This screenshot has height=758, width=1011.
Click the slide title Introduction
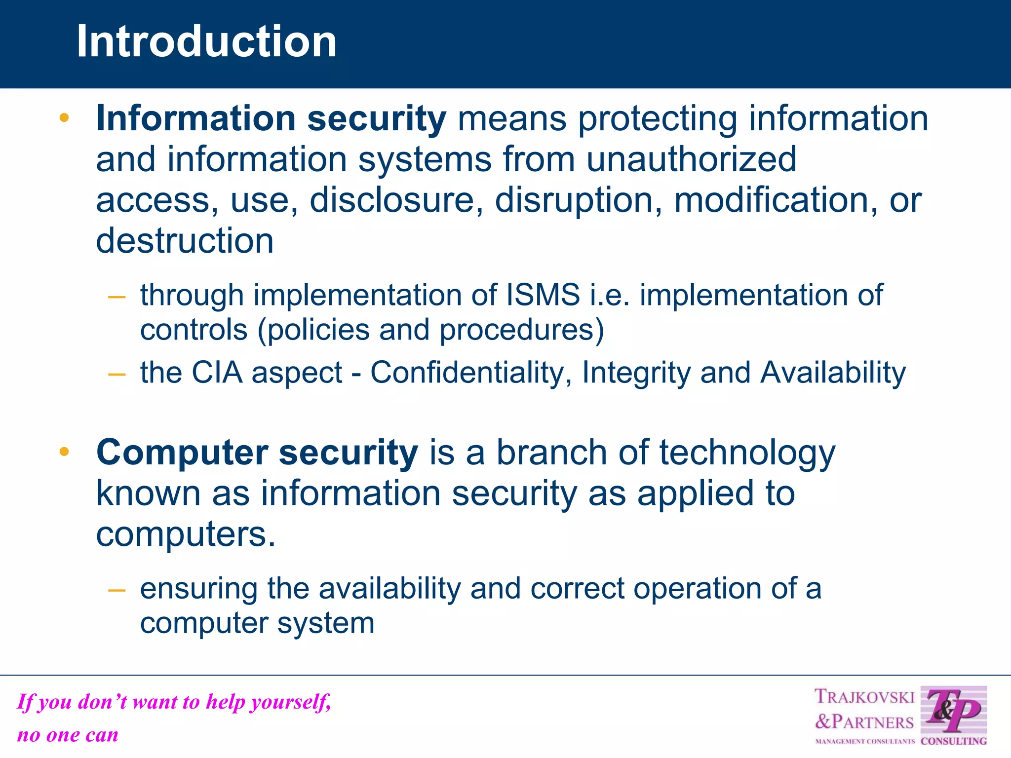point(206,41)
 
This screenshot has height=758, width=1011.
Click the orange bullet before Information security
point(64,118)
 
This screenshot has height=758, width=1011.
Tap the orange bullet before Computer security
point(64,452)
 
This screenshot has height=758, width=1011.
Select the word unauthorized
point(691,159)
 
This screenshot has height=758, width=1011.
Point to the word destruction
point(185,241)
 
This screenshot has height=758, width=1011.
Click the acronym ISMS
point(543,295)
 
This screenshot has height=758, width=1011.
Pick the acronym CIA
point(217,372)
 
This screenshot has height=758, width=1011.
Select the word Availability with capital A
point(833,372)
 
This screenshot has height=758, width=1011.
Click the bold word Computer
point(182,453)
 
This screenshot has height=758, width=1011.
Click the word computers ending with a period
point(185,534)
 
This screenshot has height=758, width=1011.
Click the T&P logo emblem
point(953,711)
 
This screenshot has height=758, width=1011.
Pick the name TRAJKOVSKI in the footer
point(864,697)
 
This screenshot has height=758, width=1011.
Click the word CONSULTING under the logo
point(953,741)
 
